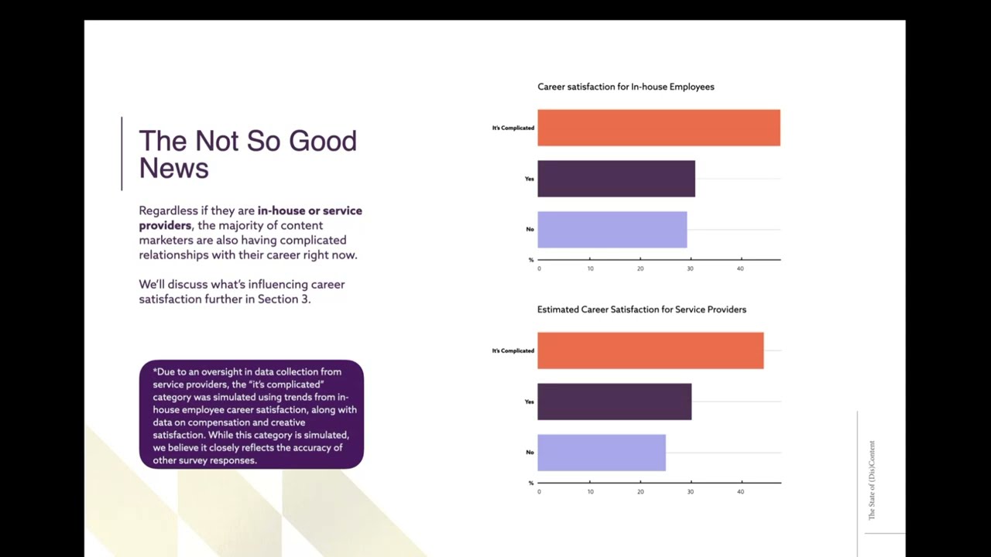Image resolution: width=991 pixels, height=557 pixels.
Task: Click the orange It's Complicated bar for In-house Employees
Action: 658,128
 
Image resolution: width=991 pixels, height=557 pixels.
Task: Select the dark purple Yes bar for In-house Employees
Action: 616,179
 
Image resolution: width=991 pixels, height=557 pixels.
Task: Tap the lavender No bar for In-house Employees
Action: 612,230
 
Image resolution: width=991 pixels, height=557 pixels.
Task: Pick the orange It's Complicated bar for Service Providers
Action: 650,350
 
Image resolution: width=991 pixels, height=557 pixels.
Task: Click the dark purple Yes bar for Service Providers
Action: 614,402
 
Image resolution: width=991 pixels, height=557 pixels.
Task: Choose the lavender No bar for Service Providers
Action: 601,453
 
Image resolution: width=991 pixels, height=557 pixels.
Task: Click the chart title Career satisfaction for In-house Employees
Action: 626,87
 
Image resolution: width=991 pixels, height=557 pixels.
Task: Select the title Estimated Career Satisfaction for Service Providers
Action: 641,309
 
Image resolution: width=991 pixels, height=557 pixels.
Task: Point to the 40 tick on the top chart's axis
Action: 740,268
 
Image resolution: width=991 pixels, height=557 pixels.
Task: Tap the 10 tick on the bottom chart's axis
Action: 590,491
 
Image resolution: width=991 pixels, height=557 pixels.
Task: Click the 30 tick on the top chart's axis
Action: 690,268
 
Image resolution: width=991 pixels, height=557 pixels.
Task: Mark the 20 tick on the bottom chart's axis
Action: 640,491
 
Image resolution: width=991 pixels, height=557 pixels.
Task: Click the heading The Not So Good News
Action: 247,154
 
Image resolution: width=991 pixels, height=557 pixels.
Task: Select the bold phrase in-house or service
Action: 310,210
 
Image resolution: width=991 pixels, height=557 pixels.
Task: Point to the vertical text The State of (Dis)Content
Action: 872,480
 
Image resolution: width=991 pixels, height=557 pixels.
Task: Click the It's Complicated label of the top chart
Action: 513,128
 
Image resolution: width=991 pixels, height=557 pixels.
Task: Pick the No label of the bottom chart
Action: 530,453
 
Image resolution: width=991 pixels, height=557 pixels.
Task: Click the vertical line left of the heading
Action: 122,153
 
